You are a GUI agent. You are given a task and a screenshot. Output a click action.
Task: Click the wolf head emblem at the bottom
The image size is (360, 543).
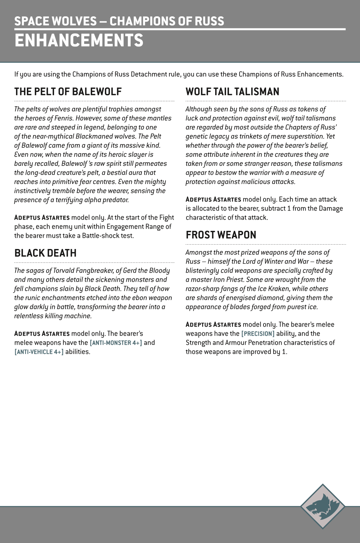click(x=322, y=506)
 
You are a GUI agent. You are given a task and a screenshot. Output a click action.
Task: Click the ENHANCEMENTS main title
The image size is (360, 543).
click(x=79, y=41)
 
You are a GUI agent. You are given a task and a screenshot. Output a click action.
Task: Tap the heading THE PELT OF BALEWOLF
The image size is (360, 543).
click(x=68, y=92)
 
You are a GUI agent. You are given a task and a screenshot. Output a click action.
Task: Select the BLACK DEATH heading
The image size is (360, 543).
click(x=45, y=253)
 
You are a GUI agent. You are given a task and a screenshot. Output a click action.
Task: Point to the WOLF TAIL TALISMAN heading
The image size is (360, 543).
click(x=232, y=92)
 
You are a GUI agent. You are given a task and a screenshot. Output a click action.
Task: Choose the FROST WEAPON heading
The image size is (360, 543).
click(x=221, y=235)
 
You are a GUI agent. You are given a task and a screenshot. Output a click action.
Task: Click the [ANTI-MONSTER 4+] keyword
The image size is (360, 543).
click(x=116, y=343)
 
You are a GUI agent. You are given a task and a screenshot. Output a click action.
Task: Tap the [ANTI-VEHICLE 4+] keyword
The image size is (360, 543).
click(x=39, y=352)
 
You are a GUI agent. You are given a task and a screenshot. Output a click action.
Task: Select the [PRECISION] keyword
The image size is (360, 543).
click(x=258, y=334)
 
